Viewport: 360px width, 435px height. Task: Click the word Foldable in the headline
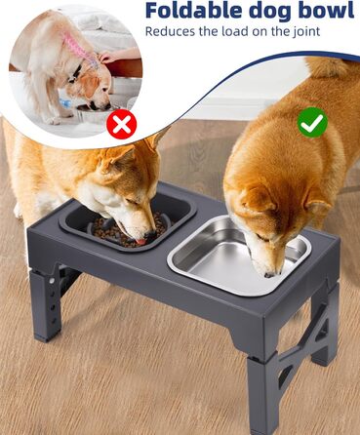pyautogui.click(x=194, y=10)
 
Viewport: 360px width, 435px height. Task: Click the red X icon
pyautogui.click(x=122, y=124)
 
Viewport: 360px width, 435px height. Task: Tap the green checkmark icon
pyautogui.click(x=312, y=122)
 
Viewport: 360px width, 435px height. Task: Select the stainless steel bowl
pyautogui.click(x=239, y=256)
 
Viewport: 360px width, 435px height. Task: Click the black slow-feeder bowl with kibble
pyautogui.click(x=128, y=223)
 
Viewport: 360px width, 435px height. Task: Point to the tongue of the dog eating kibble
pyautogui.click(x=140, y=242)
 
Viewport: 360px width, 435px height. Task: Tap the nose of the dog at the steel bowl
pyautogui.click(x=270, y=275)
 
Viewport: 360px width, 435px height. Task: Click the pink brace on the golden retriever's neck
pyautogui.click(x=77, y=48)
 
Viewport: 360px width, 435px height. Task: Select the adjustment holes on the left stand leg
pyautogui.click(x=51, y=297)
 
